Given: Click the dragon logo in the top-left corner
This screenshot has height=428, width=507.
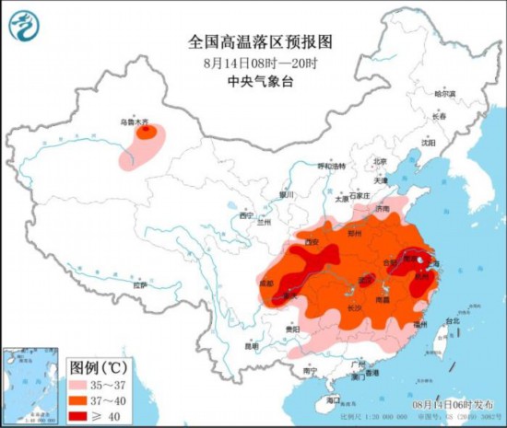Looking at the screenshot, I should tap(25, 25).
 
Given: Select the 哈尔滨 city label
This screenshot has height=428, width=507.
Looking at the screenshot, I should tap(445, 94).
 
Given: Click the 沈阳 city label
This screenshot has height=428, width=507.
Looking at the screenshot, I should tap(427, 143).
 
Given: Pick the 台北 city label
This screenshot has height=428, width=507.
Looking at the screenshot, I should tap(452, 321).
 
